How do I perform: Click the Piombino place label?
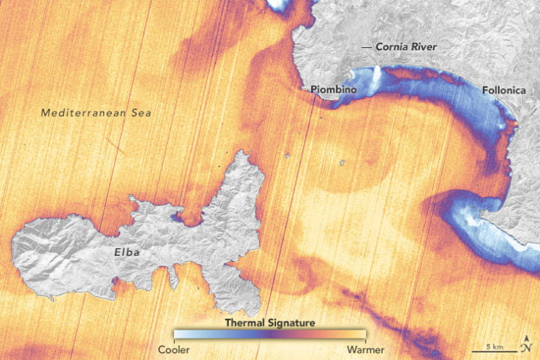(335, 89)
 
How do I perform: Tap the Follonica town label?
(503, 89)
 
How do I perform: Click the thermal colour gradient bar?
(270, 335)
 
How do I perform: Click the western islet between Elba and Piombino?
(288, 155)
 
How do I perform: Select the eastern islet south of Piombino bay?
(342, 161)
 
